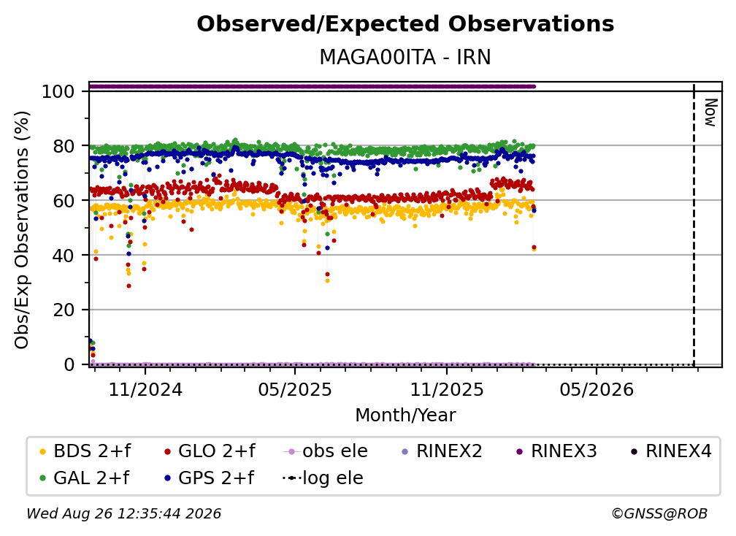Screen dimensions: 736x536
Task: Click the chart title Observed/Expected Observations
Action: (405, 24)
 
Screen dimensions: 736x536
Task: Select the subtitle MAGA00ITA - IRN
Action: (405, 58)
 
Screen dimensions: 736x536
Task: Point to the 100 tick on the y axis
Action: (58, 91)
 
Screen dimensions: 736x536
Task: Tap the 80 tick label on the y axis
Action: (64, 146)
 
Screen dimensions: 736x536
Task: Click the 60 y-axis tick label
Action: (64, 201)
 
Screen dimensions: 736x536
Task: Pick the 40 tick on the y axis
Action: (64, 256)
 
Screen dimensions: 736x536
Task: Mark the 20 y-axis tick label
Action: (64, 310)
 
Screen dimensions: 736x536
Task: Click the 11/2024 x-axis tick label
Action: (145, 389)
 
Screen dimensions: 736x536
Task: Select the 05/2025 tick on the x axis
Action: (295, 389)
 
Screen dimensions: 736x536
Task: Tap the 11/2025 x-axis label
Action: (447, 389)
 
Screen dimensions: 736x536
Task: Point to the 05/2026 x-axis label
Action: (596, 389)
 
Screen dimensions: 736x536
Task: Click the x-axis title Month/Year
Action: (405, 416)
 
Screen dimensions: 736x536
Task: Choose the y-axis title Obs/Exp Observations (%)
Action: (22, 230)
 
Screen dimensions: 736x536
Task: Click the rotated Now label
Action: (710, 112)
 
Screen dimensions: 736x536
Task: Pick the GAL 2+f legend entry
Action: (84, 478)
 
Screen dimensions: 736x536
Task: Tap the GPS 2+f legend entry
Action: (209, 478)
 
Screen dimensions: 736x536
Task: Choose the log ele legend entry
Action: (323, 478)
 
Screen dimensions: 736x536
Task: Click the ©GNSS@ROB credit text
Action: (659, 514)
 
